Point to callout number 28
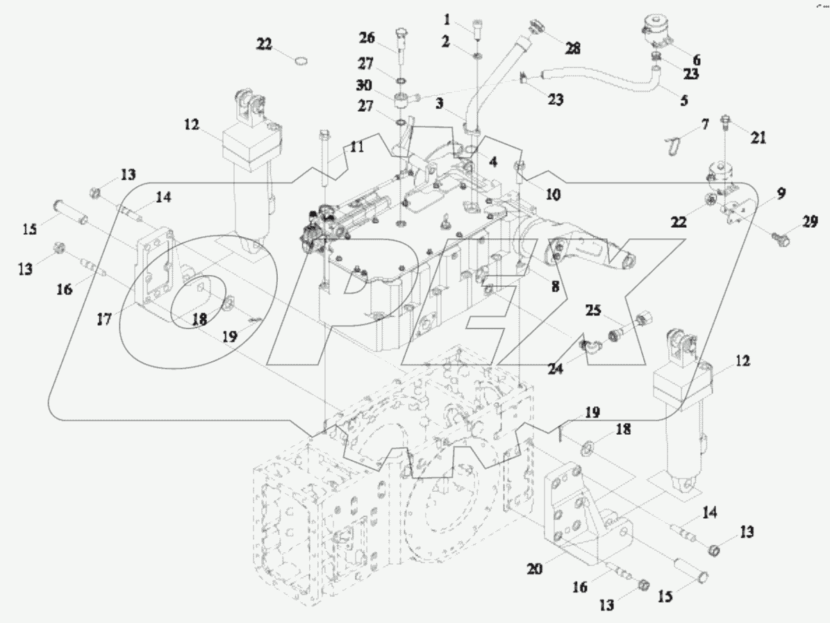(572, 49)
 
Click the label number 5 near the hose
(684, 100)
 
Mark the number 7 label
(705, 125)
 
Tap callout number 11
(356, 147)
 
